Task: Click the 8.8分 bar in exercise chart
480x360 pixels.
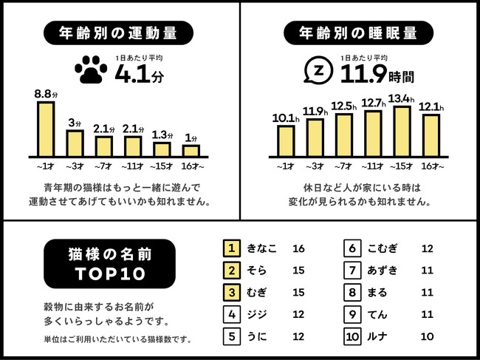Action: point(46,128)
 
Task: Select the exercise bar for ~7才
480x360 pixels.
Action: point(104,146)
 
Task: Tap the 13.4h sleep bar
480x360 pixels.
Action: point(402,131)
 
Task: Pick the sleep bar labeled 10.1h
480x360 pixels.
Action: point(286,140)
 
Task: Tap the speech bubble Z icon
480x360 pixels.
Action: point(319,70)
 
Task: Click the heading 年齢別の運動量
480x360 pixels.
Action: point(119,33)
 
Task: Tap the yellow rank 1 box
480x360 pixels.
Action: point(231,249)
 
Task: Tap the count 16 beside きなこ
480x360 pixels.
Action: point(299,249)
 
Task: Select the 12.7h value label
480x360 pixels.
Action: point(375,103)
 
